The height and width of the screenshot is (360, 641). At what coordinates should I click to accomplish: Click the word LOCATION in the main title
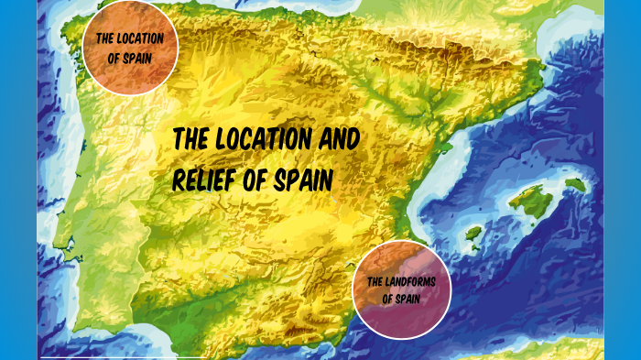pos(261,140)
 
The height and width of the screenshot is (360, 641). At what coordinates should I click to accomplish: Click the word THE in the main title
pos(192,140)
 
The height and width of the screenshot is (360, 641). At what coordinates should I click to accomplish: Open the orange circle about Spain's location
pos(130,46)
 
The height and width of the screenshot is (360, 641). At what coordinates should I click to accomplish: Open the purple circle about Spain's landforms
pos(402,289)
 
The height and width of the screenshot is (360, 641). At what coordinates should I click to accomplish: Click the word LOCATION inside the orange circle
pos(141,39)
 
